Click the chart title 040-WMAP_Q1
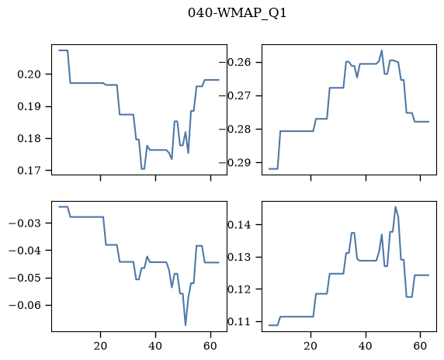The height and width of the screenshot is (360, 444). click(x=238, y=13)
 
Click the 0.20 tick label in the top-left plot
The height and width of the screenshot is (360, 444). click(x=29, y=74)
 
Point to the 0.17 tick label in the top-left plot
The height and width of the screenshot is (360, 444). click(x=29, y=171)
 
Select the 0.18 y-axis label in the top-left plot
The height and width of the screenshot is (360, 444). click(x=29, y=139)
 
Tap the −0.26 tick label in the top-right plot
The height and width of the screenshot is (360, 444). click(x=234, y=62)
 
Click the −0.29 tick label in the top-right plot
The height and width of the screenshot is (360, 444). click(x=234, y=163)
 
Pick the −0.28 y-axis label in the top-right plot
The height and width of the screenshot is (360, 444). click(x=234, y=130)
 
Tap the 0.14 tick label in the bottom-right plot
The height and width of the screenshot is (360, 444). click(x=239, y=225)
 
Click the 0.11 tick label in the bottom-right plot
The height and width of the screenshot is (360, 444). click(x=239, y=322)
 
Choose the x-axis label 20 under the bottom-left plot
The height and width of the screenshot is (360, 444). click(x=101, y=346)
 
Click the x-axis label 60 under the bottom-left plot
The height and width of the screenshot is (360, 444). click(x=210, y=346)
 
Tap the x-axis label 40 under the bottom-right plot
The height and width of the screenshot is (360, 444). click(x=366, y=346)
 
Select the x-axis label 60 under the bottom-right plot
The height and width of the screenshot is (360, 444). click(x=421, y=346)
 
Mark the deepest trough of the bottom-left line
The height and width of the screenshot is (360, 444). click(x=186, y=325)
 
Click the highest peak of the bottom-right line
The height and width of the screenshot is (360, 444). click(x=396, y=207)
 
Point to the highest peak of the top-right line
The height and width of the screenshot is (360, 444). click(x=382, y=50)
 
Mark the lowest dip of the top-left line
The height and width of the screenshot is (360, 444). click(x=143, y=169)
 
